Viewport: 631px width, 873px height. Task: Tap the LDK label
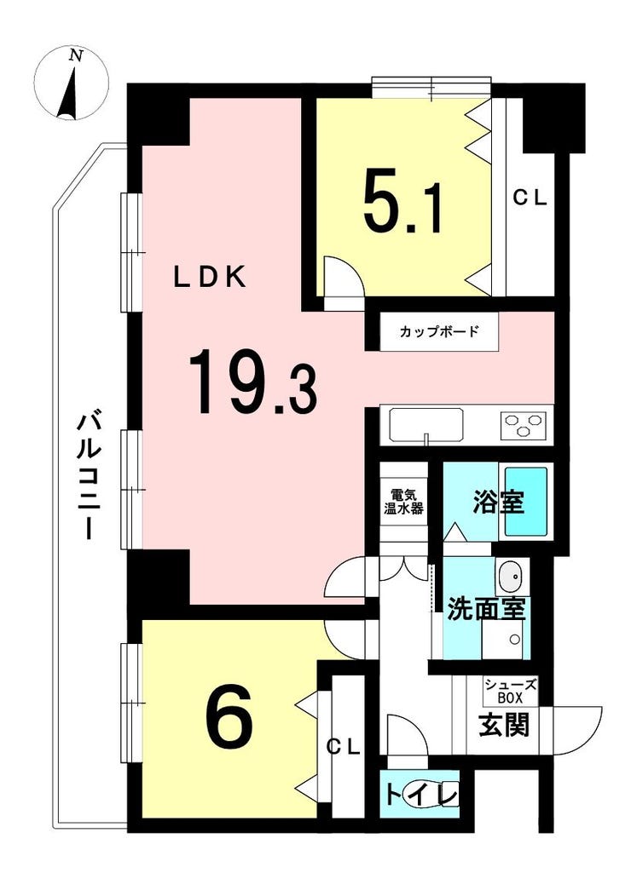[x=209, y=278]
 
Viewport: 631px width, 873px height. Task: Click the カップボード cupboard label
[x=439, y=332]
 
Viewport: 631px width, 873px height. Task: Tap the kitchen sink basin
[x=426, y=425]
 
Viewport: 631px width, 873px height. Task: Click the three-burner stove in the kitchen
[x=524, y=425]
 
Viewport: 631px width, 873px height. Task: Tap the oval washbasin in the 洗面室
[x=509, y=577]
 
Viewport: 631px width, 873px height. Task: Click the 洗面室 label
[x=487, y=610]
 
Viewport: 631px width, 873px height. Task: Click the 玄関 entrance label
[x=505, y=726]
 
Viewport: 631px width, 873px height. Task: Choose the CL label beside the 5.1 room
[x=530, y=198]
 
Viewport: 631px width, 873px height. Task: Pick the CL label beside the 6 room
[x=343, y=747]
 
